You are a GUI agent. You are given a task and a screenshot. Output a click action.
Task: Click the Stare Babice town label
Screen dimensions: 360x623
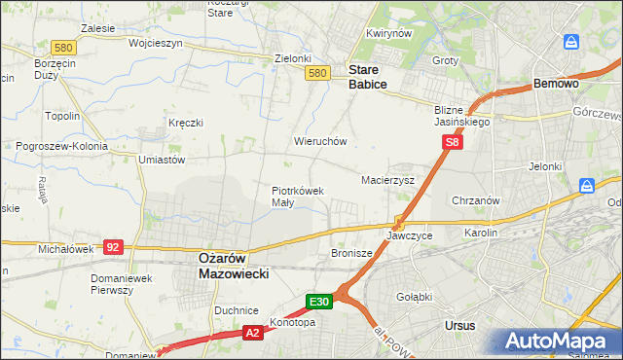click(368, 78)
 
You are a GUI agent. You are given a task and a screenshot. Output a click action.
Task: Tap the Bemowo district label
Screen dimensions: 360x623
click(557, 85)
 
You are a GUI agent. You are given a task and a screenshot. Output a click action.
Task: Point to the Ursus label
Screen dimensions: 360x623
click(458, 324)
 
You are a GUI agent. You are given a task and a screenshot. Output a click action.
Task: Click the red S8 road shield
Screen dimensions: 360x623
click(452, 142)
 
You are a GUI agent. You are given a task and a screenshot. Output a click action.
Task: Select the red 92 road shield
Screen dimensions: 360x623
click(113, 247)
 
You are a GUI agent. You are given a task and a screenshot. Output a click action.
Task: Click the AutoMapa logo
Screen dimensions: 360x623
click(558, 341)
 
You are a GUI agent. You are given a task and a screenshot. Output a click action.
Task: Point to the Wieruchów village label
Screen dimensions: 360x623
click(320, 141)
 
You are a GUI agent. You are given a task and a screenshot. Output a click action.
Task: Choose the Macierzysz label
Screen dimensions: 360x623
click(388, 181)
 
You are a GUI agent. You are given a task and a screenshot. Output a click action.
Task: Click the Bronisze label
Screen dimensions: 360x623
click(352, 253)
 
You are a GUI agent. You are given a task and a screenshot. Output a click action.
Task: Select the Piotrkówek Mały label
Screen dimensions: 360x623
click(297, 197)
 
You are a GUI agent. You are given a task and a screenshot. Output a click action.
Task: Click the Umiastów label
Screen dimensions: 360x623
click(162, 160)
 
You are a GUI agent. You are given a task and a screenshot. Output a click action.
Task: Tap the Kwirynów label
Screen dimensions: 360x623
click(385, 33)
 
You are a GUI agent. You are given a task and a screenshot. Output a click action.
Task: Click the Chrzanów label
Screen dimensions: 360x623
click(476, 200)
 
